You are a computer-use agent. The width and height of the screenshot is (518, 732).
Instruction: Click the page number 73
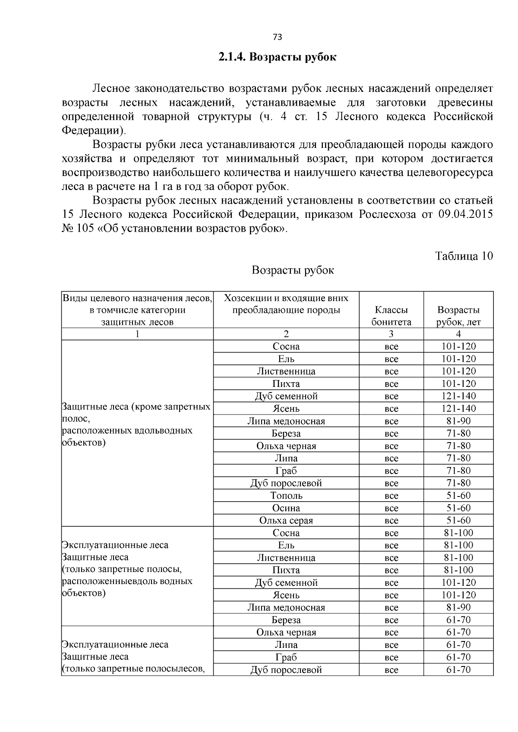point(278,37)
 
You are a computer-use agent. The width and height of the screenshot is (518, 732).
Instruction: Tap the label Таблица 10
point(464,256)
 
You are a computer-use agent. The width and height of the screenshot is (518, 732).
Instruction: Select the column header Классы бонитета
point(391,316)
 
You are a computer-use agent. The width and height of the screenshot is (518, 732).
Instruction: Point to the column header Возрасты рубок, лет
point(458,316)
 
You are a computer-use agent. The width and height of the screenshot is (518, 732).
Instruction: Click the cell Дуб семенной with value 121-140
point(286,396)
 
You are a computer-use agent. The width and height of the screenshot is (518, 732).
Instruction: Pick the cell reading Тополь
point(286,496)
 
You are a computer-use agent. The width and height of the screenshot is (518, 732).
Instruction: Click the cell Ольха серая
point(286,521)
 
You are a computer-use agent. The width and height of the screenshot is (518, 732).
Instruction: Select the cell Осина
point(286,508)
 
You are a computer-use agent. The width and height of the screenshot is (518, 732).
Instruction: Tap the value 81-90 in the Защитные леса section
point(458,421)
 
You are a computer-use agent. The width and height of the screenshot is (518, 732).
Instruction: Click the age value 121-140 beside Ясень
point(458,408)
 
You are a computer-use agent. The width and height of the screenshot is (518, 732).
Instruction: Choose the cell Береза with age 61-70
point(286,620)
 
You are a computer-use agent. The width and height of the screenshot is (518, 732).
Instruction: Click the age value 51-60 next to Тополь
point(458,496)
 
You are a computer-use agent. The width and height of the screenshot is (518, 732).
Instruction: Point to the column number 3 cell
point(391,334)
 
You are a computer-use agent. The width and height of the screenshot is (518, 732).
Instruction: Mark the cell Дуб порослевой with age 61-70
point(286,670)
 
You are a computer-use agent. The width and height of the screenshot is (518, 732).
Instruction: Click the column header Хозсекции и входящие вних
point(286,298)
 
